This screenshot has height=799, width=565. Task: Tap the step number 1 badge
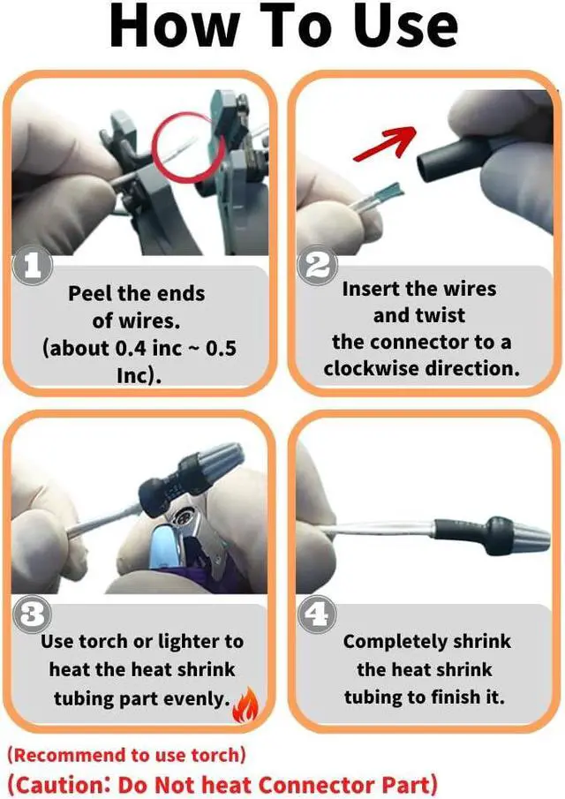click(32, 266)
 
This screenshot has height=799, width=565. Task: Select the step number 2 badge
click(317, 266)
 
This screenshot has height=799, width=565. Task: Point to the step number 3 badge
click(32, 615)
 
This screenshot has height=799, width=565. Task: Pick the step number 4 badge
click(317, 615)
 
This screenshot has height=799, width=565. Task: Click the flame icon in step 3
click(246, 705)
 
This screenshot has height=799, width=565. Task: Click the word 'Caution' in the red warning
click(61, 785)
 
